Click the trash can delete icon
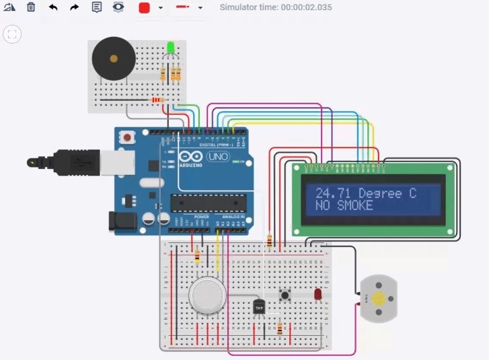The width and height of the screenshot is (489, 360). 31,7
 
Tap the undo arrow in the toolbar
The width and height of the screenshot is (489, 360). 53,7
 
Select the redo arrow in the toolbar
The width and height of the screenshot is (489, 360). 74,7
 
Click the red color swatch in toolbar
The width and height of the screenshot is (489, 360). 144,8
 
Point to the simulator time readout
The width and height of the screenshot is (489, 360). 275,7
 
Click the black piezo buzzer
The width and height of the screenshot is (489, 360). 113,59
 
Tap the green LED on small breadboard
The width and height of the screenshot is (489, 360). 171,48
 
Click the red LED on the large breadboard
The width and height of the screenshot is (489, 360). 317,294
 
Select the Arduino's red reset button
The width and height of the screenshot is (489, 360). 126,137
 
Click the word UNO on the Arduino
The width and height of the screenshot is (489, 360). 219,157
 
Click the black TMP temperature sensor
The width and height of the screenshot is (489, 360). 259,307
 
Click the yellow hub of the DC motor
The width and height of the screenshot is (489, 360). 379,298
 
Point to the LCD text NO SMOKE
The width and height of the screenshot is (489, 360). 344,205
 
